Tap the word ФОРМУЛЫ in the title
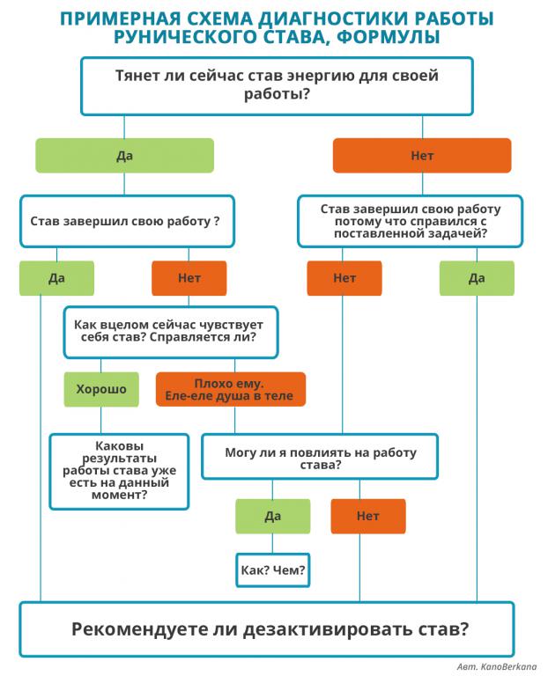pos(388,37)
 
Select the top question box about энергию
pos(277,86)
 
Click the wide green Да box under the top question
pos(124,156)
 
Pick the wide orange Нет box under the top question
pos(422,156)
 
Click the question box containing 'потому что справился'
pos(410,221)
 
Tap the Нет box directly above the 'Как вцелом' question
pos(189,278)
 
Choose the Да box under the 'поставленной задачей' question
pos(477,278)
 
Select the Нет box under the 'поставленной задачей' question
pos(344,278)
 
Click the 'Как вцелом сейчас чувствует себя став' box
pos(171,332)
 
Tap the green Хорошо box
pos(101,389)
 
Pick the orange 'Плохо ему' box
pos(231,389)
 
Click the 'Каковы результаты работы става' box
pos(119,472)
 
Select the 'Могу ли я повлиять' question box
pos(320,457)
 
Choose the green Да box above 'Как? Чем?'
pos(273,517)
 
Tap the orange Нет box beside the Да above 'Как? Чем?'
pos(368,517)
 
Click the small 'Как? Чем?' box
pos(273,570)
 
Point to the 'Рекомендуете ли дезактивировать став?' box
pos(267,629)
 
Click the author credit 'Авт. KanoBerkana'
pos(497,666)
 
